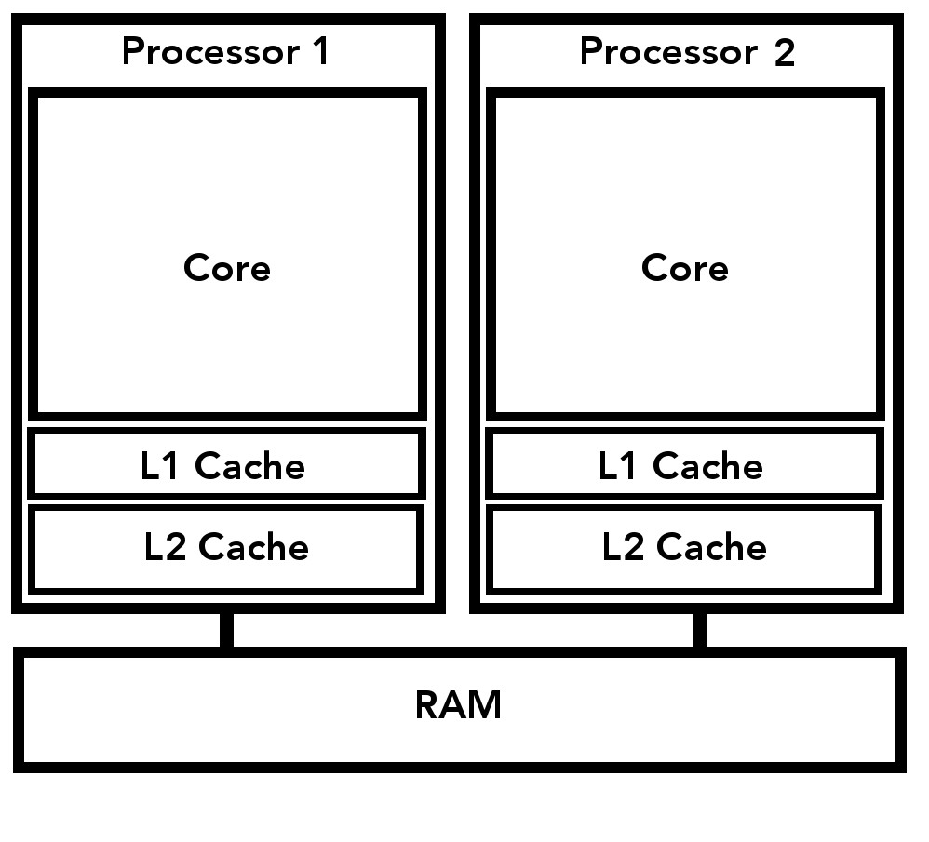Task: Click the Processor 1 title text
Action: point(225,51)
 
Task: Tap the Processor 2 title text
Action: point(686,51)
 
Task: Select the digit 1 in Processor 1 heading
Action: point(320,51)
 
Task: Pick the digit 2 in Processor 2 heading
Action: point(784,53)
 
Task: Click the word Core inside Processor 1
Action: point(227,268)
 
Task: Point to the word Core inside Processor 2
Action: point(685,268)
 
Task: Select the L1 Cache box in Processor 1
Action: point(227,463)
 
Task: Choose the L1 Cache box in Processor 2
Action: point(684,463)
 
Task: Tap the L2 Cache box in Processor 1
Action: point(226,548)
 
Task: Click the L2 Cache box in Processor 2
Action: point(684,548)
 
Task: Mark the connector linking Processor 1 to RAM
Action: point(226,630)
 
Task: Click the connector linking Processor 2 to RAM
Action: point(699,630)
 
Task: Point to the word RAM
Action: point(458,705)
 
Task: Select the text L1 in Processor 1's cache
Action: point(159,466)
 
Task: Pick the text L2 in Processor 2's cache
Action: point(623,547)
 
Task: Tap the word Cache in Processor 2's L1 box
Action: point(707,466)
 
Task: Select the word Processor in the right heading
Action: point(667,51)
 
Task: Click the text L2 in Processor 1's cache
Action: point(165,547)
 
